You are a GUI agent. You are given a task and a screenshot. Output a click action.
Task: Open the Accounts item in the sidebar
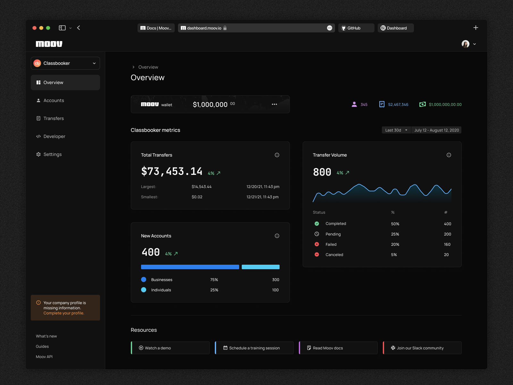pyautogui.click(x=54, y=100)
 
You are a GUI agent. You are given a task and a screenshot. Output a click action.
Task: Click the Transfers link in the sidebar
pyautogui.click(x=54, y=118)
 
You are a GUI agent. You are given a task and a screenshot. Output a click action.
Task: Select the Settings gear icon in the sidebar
pyautogui.click(x=38, y=154)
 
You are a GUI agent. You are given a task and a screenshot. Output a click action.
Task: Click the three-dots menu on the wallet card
pyautogui.click(x=274, y=104)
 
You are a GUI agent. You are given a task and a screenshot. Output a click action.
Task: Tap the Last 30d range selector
pyautogui.click(x=396, y=130)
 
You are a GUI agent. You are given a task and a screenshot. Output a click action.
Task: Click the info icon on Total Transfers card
pyautogui.click(x=277, y=155)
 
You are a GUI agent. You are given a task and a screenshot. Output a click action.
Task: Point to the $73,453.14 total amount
pyautogui.click(x=172, y=171)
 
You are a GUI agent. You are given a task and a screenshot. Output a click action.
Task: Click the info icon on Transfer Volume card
pyautogui.click(x=449, y=155)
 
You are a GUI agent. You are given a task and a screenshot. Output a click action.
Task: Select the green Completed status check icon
pyautogui.click(x=317, y=224)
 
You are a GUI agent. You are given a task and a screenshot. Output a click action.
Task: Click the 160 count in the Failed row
pyautogui.click(x=447, y=244)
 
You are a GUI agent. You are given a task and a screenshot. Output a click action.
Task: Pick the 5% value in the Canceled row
pyautogui.click(x=394, y=255)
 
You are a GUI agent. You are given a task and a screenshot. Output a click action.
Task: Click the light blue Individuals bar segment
pyautogui.click(x=260, y=267)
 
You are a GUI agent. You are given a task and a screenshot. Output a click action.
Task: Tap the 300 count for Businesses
pyautogui.click(x=275, y=280)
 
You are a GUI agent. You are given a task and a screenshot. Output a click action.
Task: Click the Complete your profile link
pyautogui.click(x=64, y=313)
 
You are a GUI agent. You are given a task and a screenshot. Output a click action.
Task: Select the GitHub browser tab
pyautogui.click(x=356, y=28)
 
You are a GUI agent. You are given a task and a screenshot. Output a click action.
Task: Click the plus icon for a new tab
pyautogui.click(x=476, y=28)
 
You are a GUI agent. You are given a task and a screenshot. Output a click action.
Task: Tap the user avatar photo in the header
pyautogui.click(x=465, y=44)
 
